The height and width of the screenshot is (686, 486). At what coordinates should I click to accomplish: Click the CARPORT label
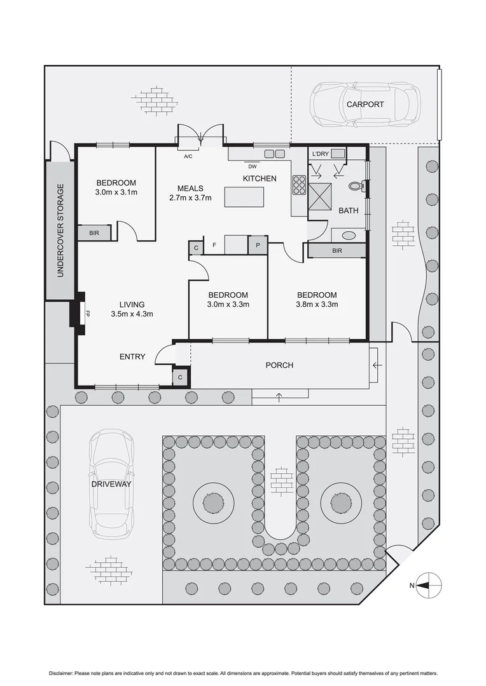tap(365, 104)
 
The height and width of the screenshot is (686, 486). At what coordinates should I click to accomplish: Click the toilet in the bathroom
tap(357, 187)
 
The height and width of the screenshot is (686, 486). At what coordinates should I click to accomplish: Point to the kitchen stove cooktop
tap(300, 184)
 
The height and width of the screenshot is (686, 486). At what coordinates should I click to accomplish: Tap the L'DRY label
tap(320, 153)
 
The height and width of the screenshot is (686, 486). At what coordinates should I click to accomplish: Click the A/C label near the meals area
tap(188, 156)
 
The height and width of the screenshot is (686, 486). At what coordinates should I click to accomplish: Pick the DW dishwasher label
tap(253, 166)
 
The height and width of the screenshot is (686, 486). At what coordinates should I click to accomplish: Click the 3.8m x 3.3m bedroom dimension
tap(316, 304)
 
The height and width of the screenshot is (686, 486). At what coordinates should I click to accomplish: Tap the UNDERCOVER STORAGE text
tap(61, 231)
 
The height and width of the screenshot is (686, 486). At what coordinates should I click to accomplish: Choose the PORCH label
tap(280, 365)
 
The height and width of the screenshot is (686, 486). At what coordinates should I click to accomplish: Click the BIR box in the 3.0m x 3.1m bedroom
tap(95, 233)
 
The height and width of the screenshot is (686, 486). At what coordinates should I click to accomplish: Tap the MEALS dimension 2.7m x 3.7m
tap(190, 198)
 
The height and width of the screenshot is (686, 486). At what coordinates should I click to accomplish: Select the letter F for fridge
tap(214, 244)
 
